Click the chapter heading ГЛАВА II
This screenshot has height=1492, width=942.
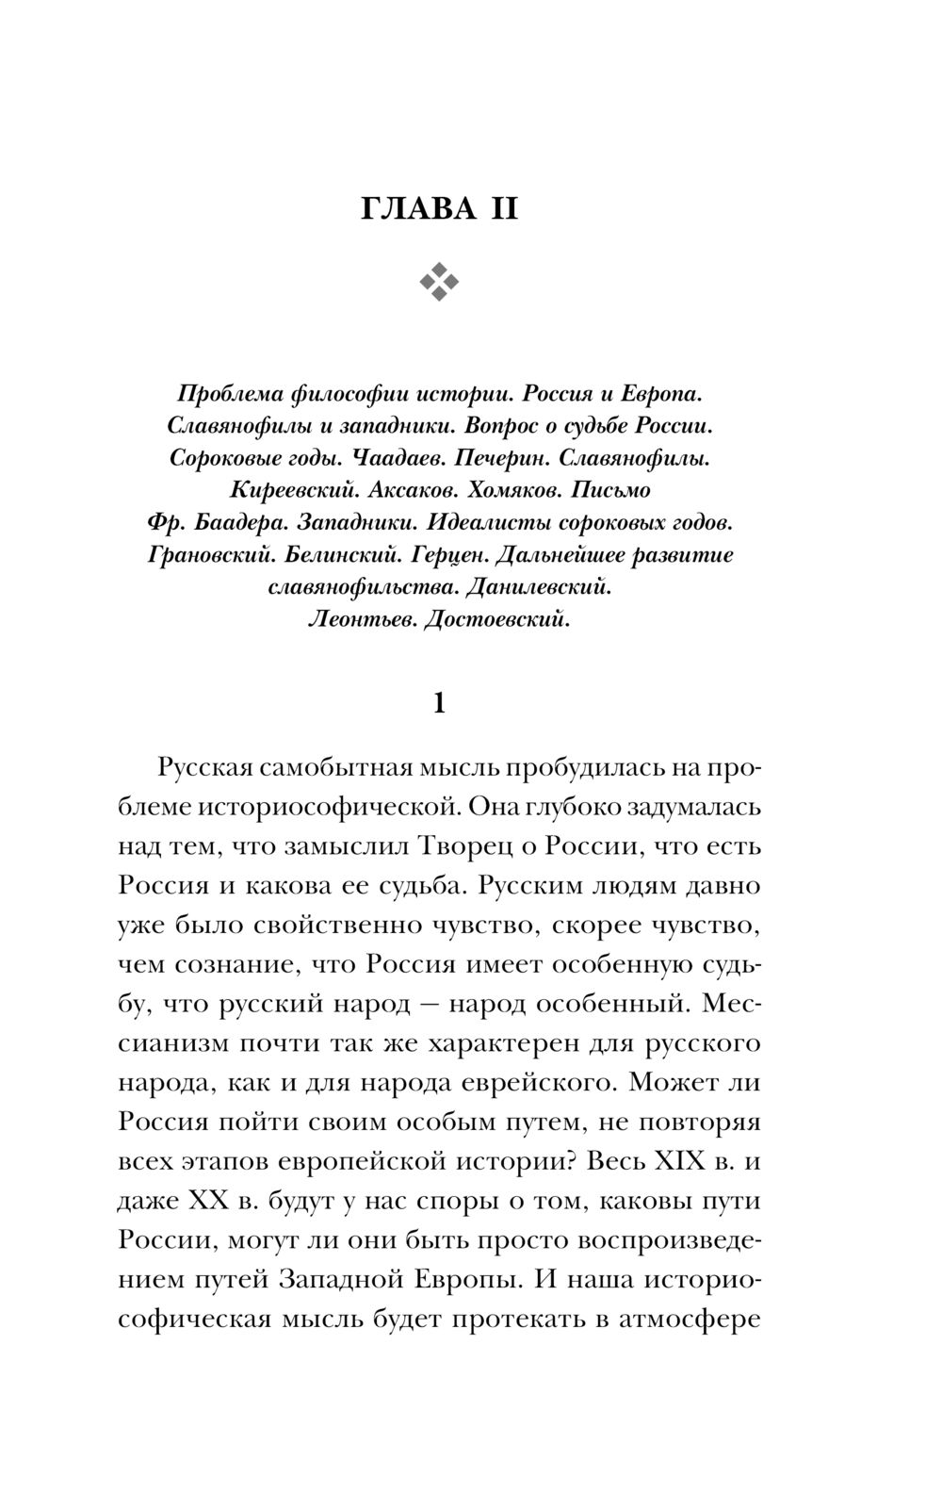point(439,208)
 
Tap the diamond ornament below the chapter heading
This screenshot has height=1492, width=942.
point(439,280)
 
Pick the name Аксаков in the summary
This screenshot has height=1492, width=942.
point(409,490)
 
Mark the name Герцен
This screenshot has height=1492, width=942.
point(441,555)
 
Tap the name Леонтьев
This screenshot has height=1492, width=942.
point(360,619)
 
